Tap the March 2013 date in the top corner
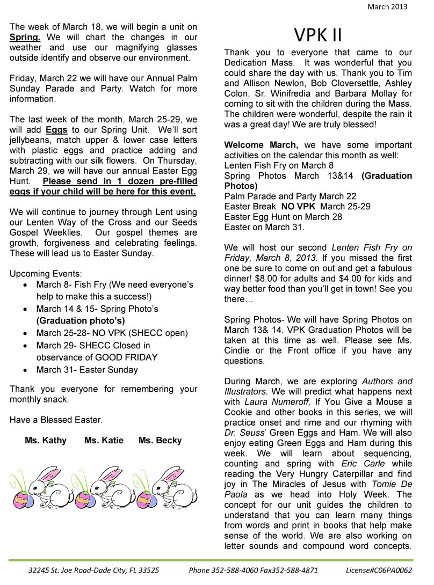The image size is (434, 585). [x=387, y=7]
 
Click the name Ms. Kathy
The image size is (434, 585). [x=46, y=440]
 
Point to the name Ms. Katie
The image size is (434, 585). [x=104, y=440]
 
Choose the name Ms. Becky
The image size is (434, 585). [x=160, y=440]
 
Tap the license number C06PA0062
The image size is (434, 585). [x=379, y=571]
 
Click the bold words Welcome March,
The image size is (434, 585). [x=261, y=145]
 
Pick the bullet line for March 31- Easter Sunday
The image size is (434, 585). [x=87, y=369]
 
